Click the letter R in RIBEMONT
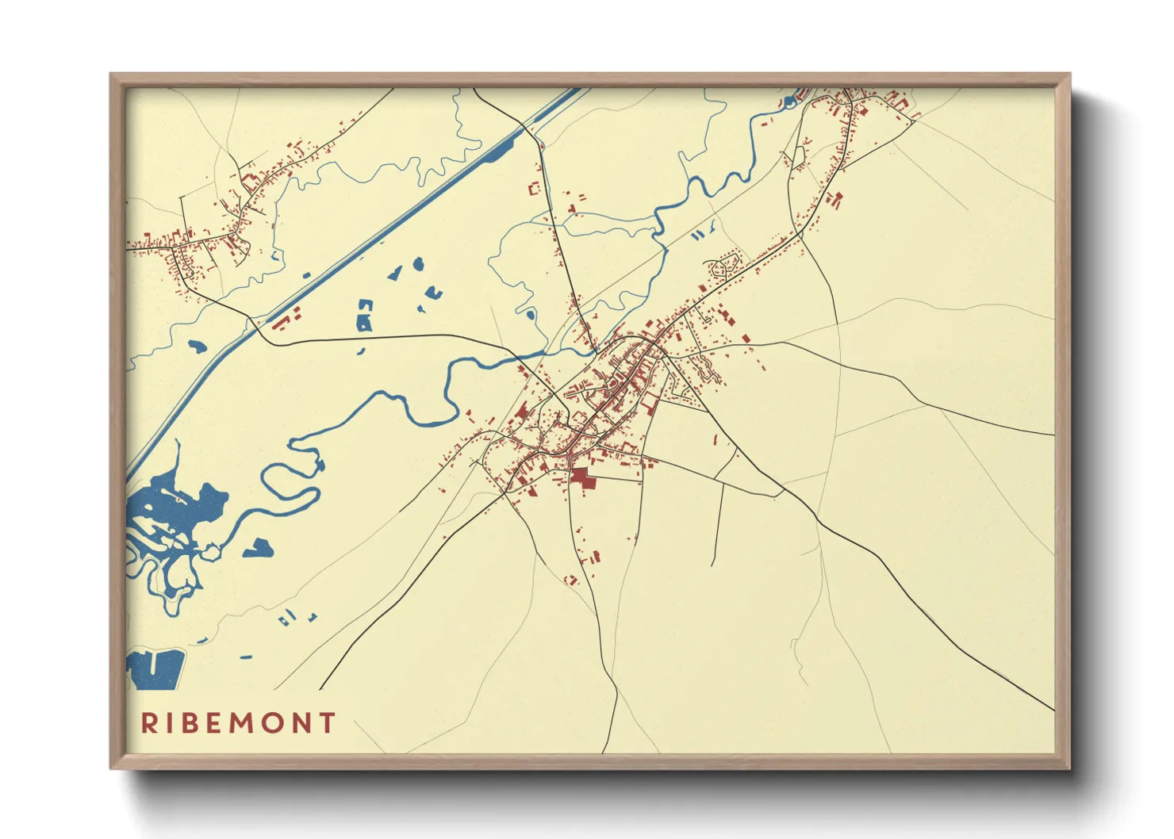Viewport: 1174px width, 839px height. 148,723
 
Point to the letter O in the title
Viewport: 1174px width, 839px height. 271,723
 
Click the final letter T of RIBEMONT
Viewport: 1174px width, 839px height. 327,723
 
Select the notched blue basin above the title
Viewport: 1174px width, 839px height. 156,669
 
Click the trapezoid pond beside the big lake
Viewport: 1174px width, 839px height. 259,548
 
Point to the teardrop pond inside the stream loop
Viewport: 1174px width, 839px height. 530,314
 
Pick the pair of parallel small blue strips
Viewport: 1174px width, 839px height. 698,235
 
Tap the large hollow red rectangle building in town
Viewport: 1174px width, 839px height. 534,189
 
